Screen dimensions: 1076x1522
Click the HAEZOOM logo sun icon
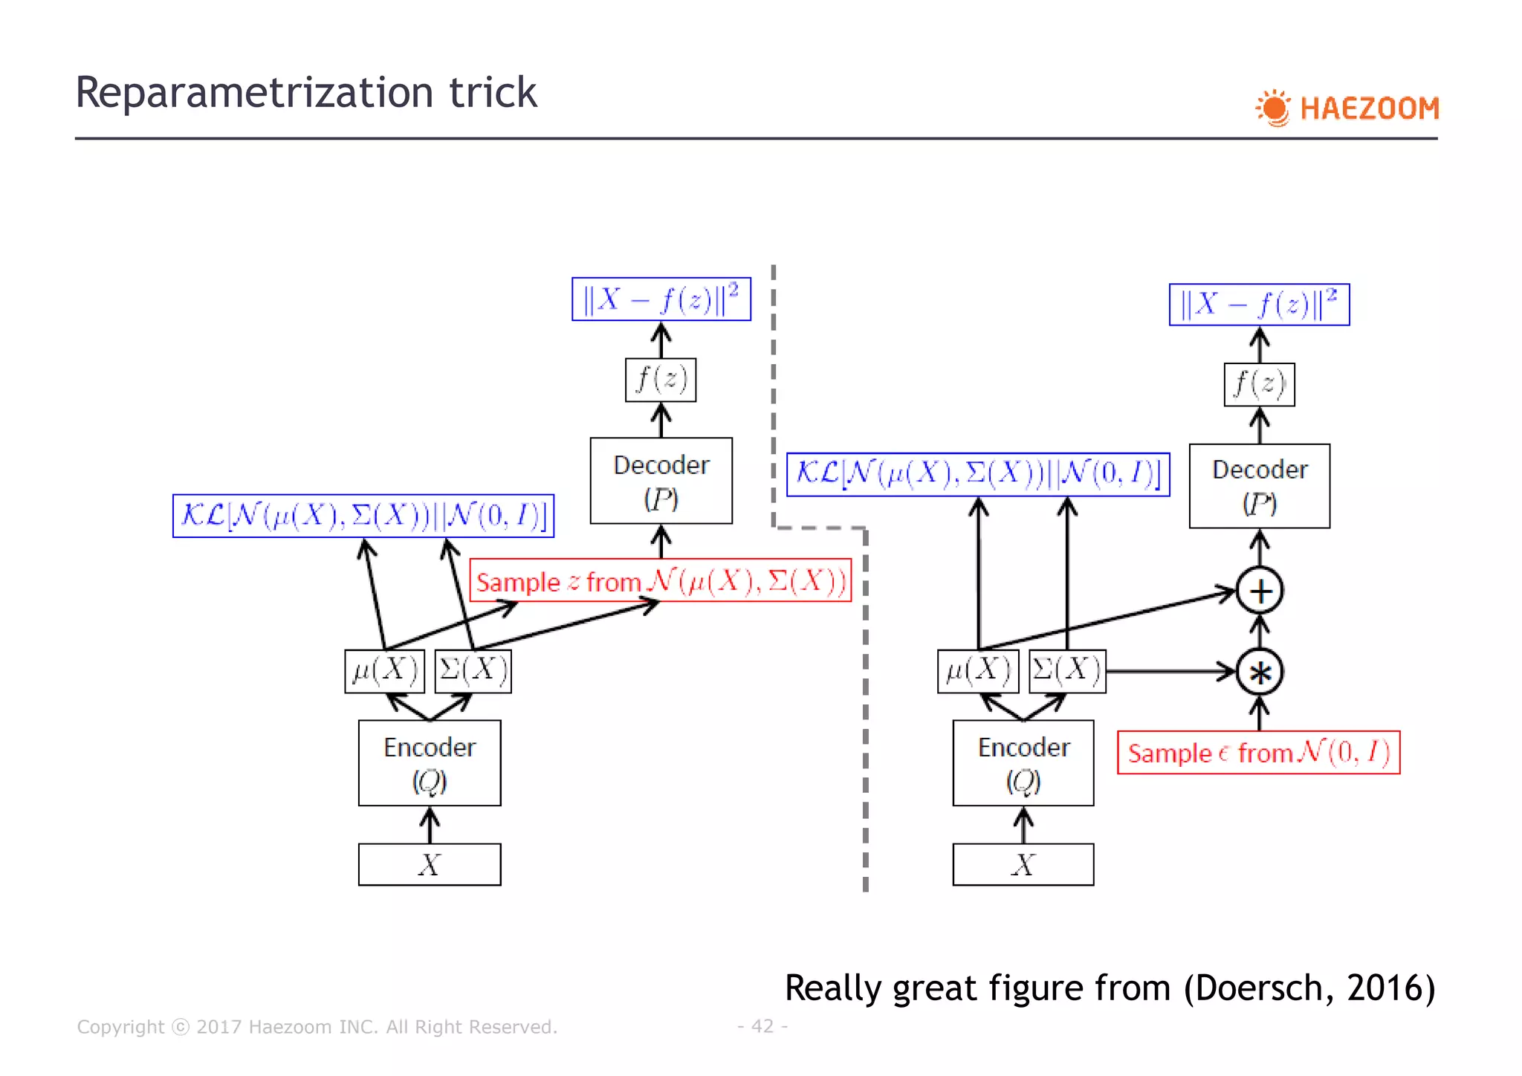(x=1274, y=108)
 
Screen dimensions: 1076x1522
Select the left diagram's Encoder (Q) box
(x=430, y=763)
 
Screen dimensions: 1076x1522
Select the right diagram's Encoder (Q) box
(x=1023, y=763)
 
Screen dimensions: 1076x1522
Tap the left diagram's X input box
(x=430, y=864)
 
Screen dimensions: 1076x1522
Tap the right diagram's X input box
(x=1023, y=864)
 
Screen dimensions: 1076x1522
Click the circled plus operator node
(x=1260, y=592)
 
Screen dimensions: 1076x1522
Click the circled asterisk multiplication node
(x=1260, y=672)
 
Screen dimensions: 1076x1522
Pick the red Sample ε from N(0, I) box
(x=1258, y=753)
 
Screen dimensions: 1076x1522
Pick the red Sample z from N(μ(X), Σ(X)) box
(x=661, y=580)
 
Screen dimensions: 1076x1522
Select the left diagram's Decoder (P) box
(x=661, y=481)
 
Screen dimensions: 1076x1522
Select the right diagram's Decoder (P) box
(x=1260, y=486)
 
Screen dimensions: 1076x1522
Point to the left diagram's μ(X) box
(x=384, y=671)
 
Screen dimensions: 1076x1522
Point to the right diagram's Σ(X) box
(x=1067, y=671)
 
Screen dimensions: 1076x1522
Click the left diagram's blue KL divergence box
(x=363, y=516)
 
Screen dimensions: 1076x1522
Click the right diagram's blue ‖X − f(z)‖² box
(x=1259, y=305)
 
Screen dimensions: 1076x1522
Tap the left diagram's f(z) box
(x=661, y=380)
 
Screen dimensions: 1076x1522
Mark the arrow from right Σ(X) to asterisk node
(x=1170, y=671)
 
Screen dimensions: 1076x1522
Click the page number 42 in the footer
(x=762, y=1026)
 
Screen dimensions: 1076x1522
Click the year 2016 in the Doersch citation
(x=1390, y=988)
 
